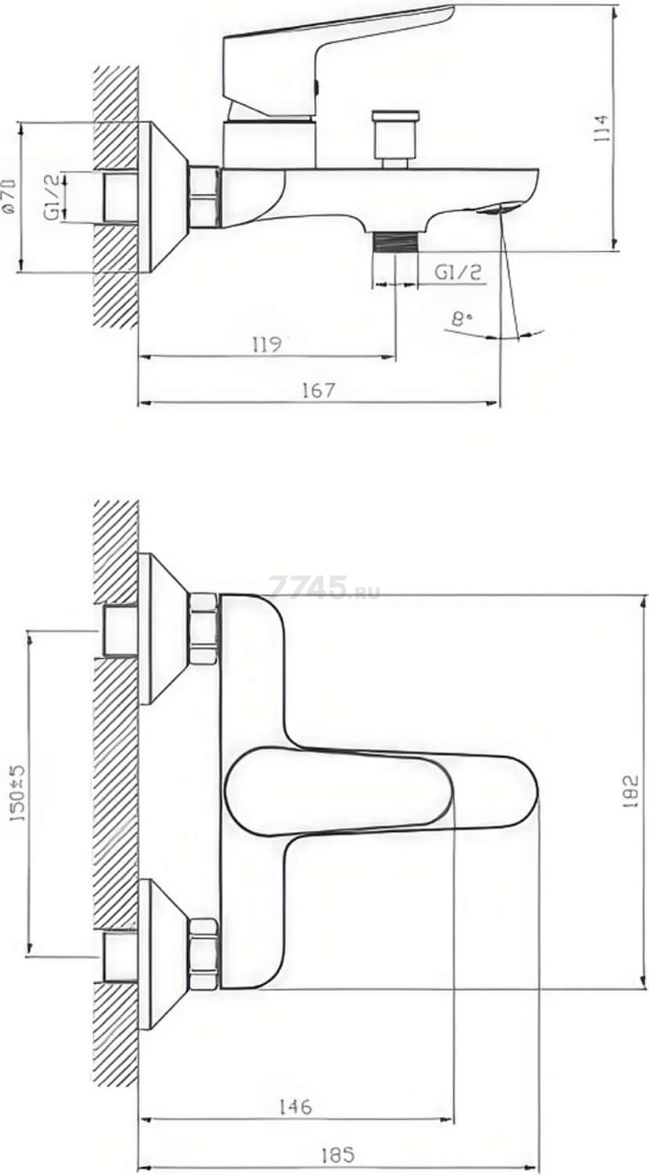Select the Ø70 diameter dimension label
[10, 196]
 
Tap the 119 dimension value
[267, 345]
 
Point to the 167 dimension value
[318, 390]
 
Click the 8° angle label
[462, 319]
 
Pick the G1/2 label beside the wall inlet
[52, 197]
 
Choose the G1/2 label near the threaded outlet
[457, 273]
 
